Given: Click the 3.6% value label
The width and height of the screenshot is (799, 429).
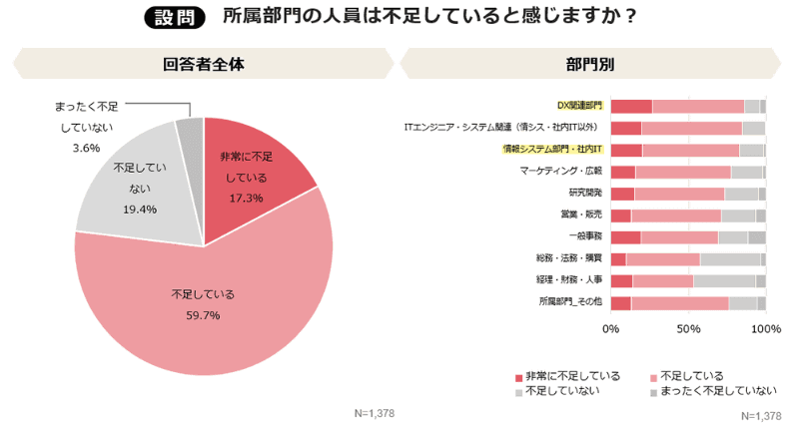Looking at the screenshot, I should [86, 148].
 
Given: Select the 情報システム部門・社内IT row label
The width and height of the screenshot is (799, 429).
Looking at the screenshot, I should [550, 150].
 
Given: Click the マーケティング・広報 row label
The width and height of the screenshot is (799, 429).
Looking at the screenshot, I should [561, 171].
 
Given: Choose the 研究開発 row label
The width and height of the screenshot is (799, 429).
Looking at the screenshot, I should [584, 193].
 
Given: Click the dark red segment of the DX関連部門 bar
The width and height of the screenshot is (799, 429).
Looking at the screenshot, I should [631, 106].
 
